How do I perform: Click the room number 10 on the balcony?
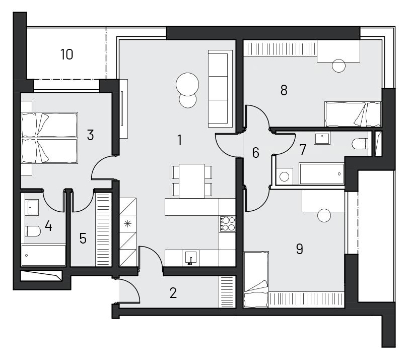pyautogui.click(x=66, y=54)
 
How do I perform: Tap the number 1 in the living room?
pyautogui.click(x=180, y=140)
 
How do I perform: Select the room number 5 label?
pyautogui.click(x=83, y=238)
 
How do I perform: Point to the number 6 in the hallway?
pyautogui.click(x=256, y=153)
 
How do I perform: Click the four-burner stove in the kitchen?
pyautogui.click(x=227, y=224)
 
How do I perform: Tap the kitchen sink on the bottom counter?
pyautogui.click(x=190, y=258)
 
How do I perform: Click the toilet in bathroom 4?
pyautogui.click(x=33, y=231)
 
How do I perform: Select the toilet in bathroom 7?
pyautogui.click(x=360, y=144)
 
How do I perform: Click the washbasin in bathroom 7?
pyautogui.click(x=322, y=138)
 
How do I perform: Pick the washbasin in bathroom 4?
pyautogui.click(x=32, y=207)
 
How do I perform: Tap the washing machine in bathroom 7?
pyautogui.click(x=285, y=176)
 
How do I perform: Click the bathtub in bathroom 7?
pyautogui.click(x=321, y=174)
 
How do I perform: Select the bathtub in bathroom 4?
pyautogui.click(x=43, y=255)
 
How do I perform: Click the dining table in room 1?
pyautogui.click(x=192, y=181)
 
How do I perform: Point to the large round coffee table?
pyautogui.click(x=187, y=84)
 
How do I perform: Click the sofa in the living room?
pyautogui.click(x=220, y=89)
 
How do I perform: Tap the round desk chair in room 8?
pyautogui.click(x=338, y=66)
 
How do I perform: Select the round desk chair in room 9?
pyautogui.click(x=324, y=215)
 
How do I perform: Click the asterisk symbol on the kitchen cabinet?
pyautogui.click(x=128, y=224)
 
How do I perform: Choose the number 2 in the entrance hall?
pyautogui.click(x=173, y=293)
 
